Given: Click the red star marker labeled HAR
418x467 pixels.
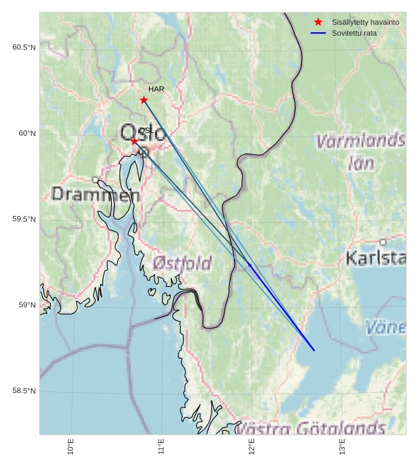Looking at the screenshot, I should pos(143,100).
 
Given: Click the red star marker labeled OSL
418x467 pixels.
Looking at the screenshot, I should pos(135,141).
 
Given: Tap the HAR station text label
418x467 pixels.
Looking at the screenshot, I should pos(156,89).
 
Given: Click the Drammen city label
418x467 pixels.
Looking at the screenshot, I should pos(95,194).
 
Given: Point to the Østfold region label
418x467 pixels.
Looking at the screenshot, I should pos(182,263).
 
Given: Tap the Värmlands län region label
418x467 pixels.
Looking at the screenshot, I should pos(360,152).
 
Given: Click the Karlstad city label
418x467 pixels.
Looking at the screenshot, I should pos(375,259).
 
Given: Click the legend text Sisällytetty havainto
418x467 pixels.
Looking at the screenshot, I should pos(365,22).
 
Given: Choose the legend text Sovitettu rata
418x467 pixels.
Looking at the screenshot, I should pos(354,33).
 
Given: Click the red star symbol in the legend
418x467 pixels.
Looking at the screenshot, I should pos(318,22).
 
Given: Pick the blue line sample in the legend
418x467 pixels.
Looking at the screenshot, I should pos(318,33).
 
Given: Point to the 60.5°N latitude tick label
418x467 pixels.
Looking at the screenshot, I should pos(24,47).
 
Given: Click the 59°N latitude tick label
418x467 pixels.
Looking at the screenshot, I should pos(27,305).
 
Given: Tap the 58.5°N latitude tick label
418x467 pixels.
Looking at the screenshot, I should pos(24,391).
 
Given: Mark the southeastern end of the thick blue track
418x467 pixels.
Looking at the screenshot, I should pos(314,350).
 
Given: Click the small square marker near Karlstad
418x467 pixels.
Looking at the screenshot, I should pos(382,242).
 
